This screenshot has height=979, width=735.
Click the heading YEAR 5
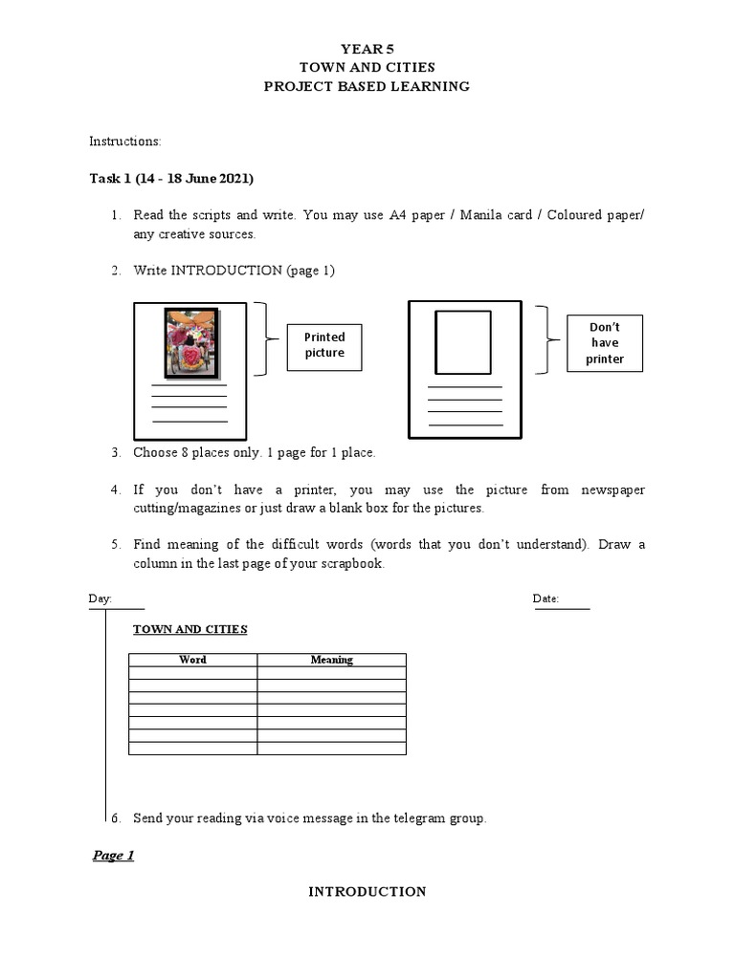pyautogui.click(x=367, y=49)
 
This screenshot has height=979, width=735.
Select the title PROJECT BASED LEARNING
pyautogui.click(x=367, y=86)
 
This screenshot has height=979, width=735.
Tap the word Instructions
pyautogui.click(x=124, y=141)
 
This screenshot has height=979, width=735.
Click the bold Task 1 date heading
pyautogui.click(x=171, y=179)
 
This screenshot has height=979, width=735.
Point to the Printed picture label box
pyautogui.click(x=324, y=345)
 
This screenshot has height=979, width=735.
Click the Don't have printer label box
pyautogui.click(x=605, y=343)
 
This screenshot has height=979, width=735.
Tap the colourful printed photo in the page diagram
pyautogui.click(x=192, y=342)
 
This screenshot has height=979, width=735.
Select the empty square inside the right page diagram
pyautogui.click(x=463, y=342)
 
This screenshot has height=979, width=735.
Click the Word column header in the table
pyautogui.click(x=192, y=660)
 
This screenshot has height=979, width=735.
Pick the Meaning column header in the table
pyautogui.click(x=331, y=660)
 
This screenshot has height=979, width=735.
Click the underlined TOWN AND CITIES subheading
pyautogui.click(x=189, y=629)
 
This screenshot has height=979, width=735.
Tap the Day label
pyautogui.click(x=100, y=598)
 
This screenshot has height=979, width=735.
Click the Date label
pyautogui.click(x=546, y=598)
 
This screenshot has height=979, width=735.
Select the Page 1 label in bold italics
pyautogui.click(x=113, y=856)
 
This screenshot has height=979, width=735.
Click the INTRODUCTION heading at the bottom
pyautogui.click(x=367, y=892)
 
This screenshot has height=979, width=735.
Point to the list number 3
pyautogui.click(x=115, y=453)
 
